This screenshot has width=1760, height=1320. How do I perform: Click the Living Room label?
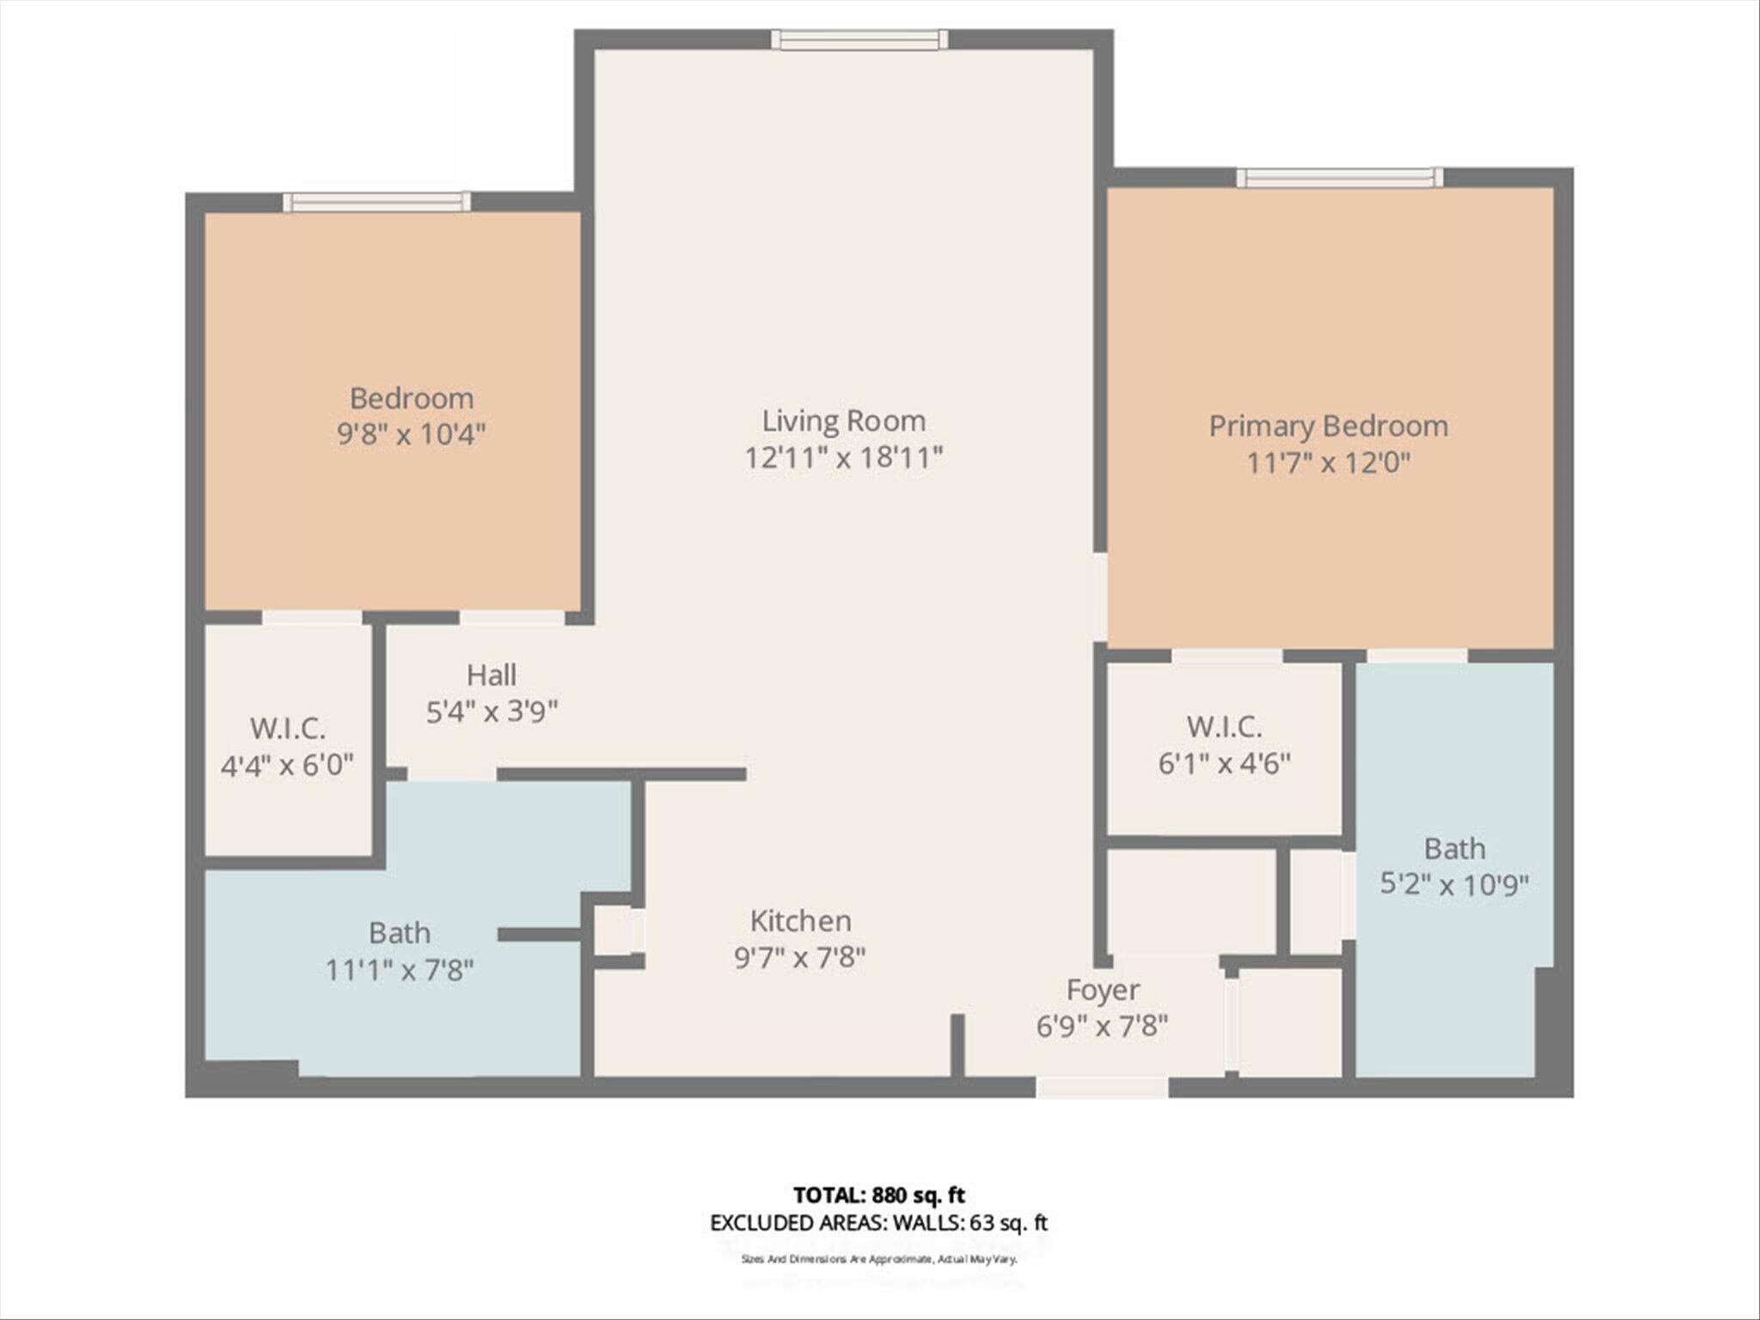844,420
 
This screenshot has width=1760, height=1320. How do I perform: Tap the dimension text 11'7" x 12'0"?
1328,464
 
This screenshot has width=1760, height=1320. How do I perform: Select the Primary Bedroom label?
1328,426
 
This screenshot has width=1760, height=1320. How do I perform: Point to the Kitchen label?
800,920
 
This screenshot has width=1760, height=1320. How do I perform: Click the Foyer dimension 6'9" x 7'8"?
1102,1026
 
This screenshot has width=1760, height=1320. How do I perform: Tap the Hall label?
492,675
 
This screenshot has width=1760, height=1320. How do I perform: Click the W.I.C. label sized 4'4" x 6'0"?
288,729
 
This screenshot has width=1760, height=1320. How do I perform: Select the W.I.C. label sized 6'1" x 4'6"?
1224,727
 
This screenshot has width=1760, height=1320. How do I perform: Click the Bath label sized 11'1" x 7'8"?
400,932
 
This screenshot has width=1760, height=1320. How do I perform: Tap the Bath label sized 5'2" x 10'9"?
1454,849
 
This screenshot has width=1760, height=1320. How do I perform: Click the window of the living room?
859,40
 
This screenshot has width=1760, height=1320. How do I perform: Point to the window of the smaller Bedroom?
377,202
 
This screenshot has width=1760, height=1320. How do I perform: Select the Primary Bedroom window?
1340,178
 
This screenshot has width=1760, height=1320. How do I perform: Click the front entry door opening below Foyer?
1102,1088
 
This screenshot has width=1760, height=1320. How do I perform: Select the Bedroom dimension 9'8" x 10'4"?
412,435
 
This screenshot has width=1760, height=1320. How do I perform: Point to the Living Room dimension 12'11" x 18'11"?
844,458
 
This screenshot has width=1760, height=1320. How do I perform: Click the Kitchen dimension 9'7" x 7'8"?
800,957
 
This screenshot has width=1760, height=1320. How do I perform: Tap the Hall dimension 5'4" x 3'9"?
492,712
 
